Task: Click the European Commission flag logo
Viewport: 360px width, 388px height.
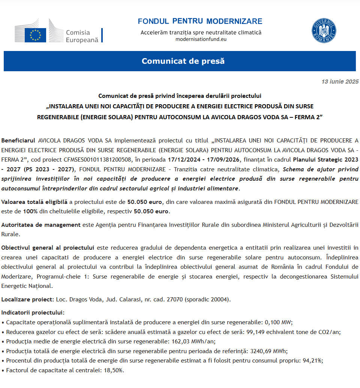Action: tap(35, 35)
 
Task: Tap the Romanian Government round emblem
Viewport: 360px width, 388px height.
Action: tap(324, 30)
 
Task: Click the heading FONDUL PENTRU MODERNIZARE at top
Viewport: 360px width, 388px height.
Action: tap(200, 21)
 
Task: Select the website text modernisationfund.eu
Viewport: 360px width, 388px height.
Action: tap(201, 39)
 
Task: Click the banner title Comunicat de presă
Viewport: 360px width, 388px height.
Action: tap(183, 61)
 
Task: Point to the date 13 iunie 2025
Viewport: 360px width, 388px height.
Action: tap(340, 81)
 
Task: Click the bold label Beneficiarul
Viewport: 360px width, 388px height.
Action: tap(19, 141)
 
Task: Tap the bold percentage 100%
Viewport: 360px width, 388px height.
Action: tap(30, 211)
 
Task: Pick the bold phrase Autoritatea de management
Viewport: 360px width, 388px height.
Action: tap(41, 225)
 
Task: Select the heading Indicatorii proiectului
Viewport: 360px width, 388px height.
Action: tap(33, 313)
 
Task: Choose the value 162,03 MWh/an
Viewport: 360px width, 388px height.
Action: tap(193, 342)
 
